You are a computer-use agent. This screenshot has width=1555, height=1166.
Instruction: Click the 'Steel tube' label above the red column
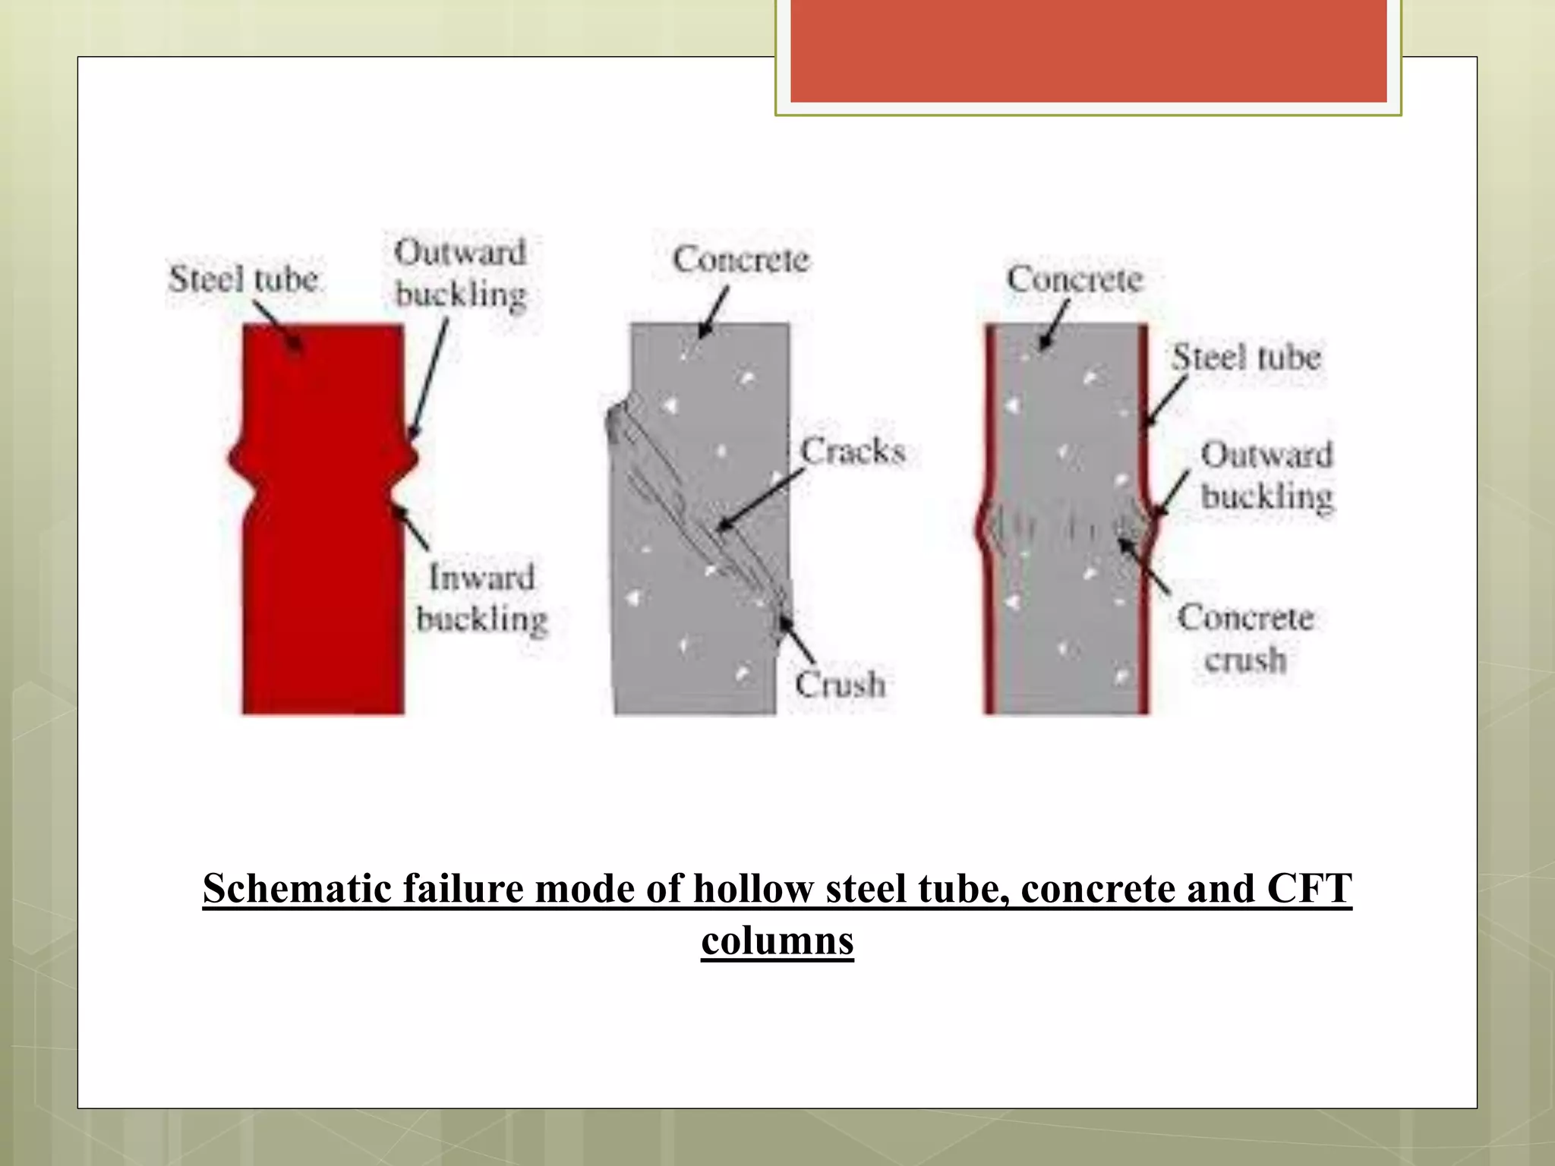click(243, 279)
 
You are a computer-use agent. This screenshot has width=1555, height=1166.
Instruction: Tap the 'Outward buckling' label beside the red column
click(460, 273)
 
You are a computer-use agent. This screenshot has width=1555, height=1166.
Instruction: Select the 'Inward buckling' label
click(481, 598)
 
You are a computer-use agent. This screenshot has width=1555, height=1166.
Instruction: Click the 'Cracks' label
click(853, 452)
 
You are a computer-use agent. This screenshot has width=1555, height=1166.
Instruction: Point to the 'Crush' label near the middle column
click(840, 685)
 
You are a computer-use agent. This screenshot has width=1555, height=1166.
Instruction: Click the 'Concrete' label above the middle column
click(741, 260)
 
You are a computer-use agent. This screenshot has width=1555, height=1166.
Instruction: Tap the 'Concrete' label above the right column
click(1074, 279)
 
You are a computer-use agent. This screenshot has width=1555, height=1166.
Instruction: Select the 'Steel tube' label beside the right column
click(1246, 358)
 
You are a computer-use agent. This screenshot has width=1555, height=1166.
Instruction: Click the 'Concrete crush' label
click(1245, 638)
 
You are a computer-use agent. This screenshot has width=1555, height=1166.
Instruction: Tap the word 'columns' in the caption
click(777, 941)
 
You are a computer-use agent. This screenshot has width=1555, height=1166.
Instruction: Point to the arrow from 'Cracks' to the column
click(759, 500)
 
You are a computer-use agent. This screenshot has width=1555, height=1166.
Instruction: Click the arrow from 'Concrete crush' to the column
click(1144, 566)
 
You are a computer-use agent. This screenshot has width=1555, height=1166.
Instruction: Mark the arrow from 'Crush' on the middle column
click(797, 641)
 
